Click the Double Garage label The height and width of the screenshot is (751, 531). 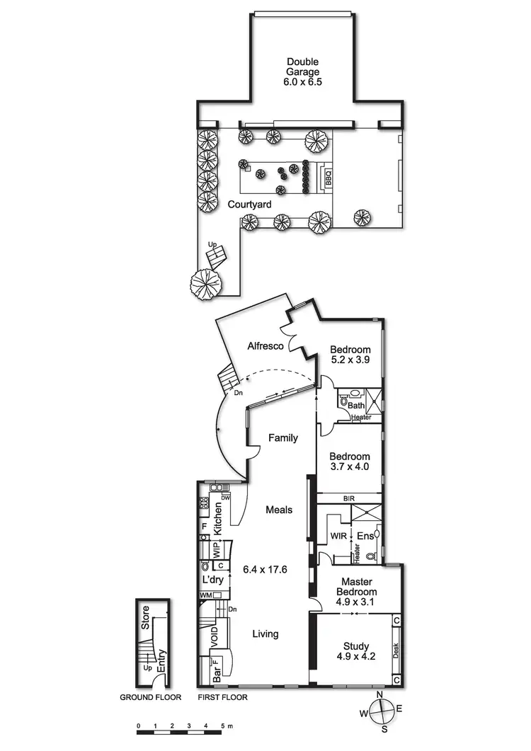pos(302,71)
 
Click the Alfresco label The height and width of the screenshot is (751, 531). pos(265,346)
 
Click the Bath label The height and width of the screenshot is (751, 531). pos(355,406)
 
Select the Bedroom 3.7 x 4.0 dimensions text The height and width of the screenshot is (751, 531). pos(350,468)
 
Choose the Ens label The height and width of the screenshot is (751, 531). pos(364,537)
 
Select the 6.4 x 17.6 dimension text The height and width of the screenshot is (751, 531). pos(265,568)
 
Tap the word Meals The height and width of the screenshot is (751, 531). pos(280,509)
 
